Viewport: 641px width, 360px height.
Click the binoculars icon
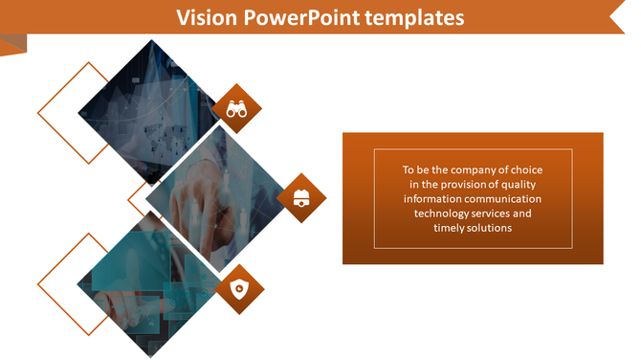point(236,108)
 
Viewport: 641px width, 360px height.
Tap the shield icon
point(239,289)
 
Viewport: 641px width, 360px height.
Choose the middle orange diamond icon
point(301,198)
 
